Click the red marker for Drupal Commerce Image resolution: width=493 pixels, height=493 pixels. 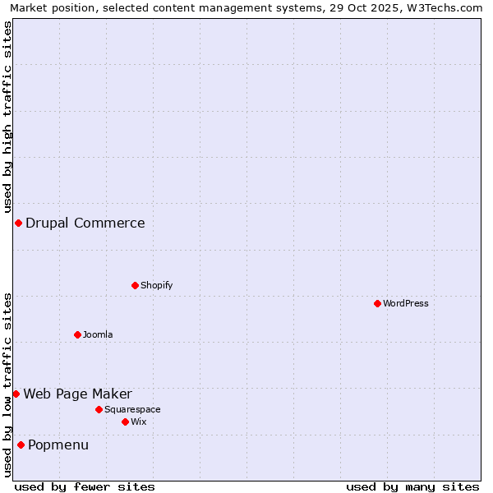tap(18, 223)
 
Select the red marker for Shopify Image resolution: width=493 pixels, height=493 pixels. tap(135, 286)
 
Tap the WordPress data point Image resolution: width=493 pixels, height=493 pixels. tap(377, 304)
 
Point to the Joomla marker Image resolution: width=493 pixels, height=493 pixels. tap(77, 334)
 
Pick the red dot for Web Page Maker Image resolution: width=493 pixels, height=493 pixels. tap(16, 394)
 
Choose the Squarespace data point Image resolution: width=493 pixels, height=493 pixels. tap(99, 409)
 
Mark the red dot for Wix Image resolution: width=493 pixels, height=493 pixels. tap(125, 422)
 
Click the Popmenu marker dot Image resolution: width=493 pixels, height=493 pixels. tap(21, 445)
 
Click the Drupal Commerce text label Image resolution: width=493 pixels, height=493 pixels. tap(85, 223)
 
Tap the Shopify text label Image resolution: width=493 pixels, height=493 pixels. tap(157, 286)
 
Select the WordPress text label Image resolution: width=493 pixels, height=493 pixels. tap(406, 304)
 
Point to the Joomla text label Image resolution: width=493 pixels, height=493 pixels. tap(98, 335)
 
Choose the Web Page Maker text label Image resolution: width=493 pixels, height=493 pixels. tap(77, 394)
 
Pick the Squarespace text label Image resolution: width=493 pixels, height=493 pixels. tap(132, 410)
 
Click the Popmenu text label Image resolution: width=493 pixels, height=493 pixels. tap(58, 445)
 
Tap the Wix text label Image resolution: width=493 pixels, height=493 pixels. tap(139, 422)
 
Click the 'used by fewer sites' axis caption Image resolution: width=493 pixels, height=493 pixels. tap(85, 487)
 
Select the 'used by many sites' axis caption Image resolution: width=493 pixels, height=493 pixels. tap(412, 487)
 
